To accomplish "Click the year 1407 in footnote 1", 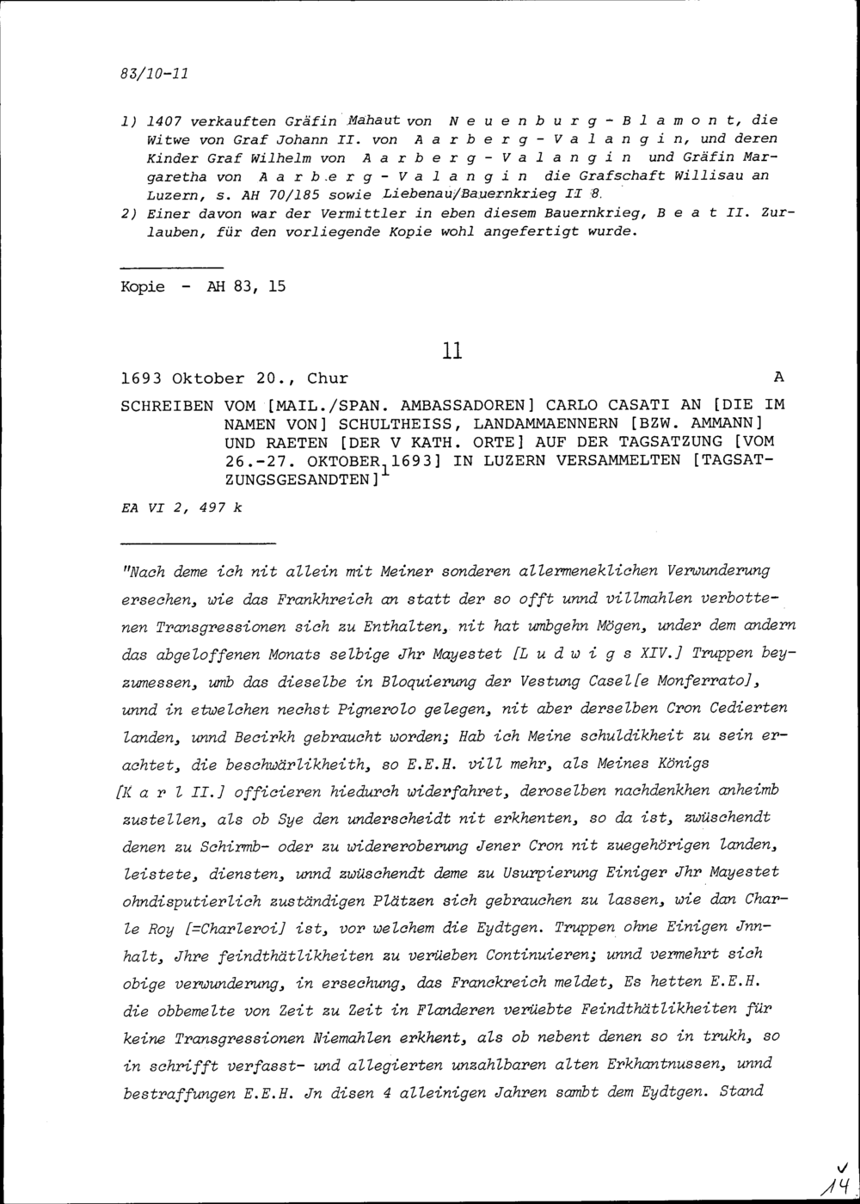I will tap(163, 121).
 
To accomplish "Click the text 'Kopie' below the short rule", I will tap(143, 286).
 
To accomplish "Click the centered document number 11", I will tap(452, 351).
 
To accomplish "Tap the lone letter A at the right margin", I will tap(779, 378).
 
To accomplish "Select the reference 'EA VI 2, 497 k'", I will tap(182, 508).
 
